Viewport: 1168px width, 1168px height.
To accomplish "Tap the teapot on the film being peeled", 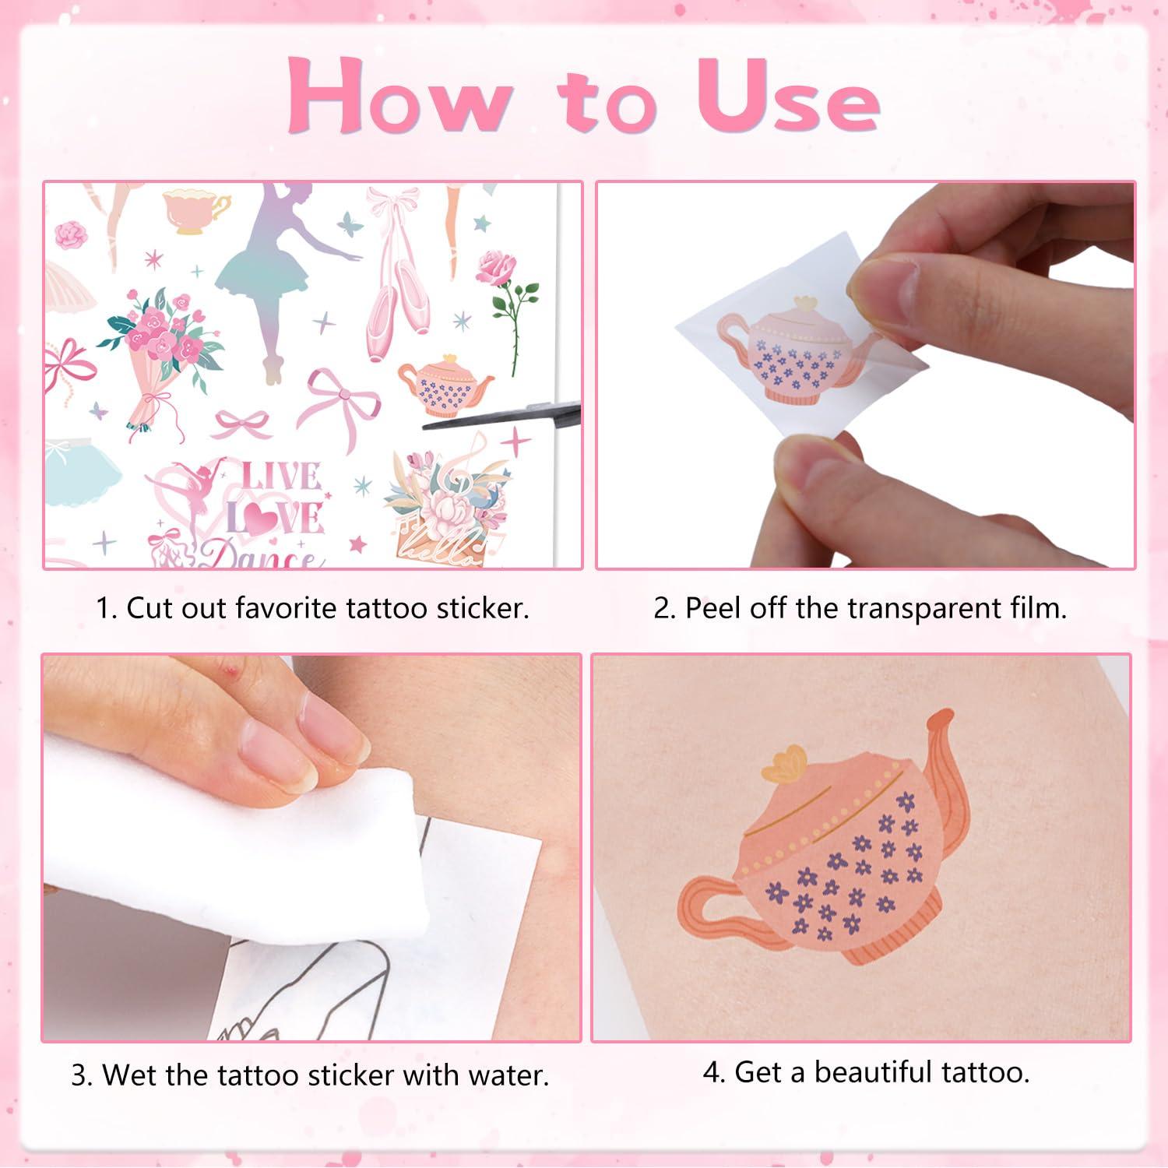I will click(802, 350).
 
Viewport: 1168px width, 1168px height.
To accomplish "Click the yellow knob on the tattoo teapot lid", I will click(783, 763).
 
